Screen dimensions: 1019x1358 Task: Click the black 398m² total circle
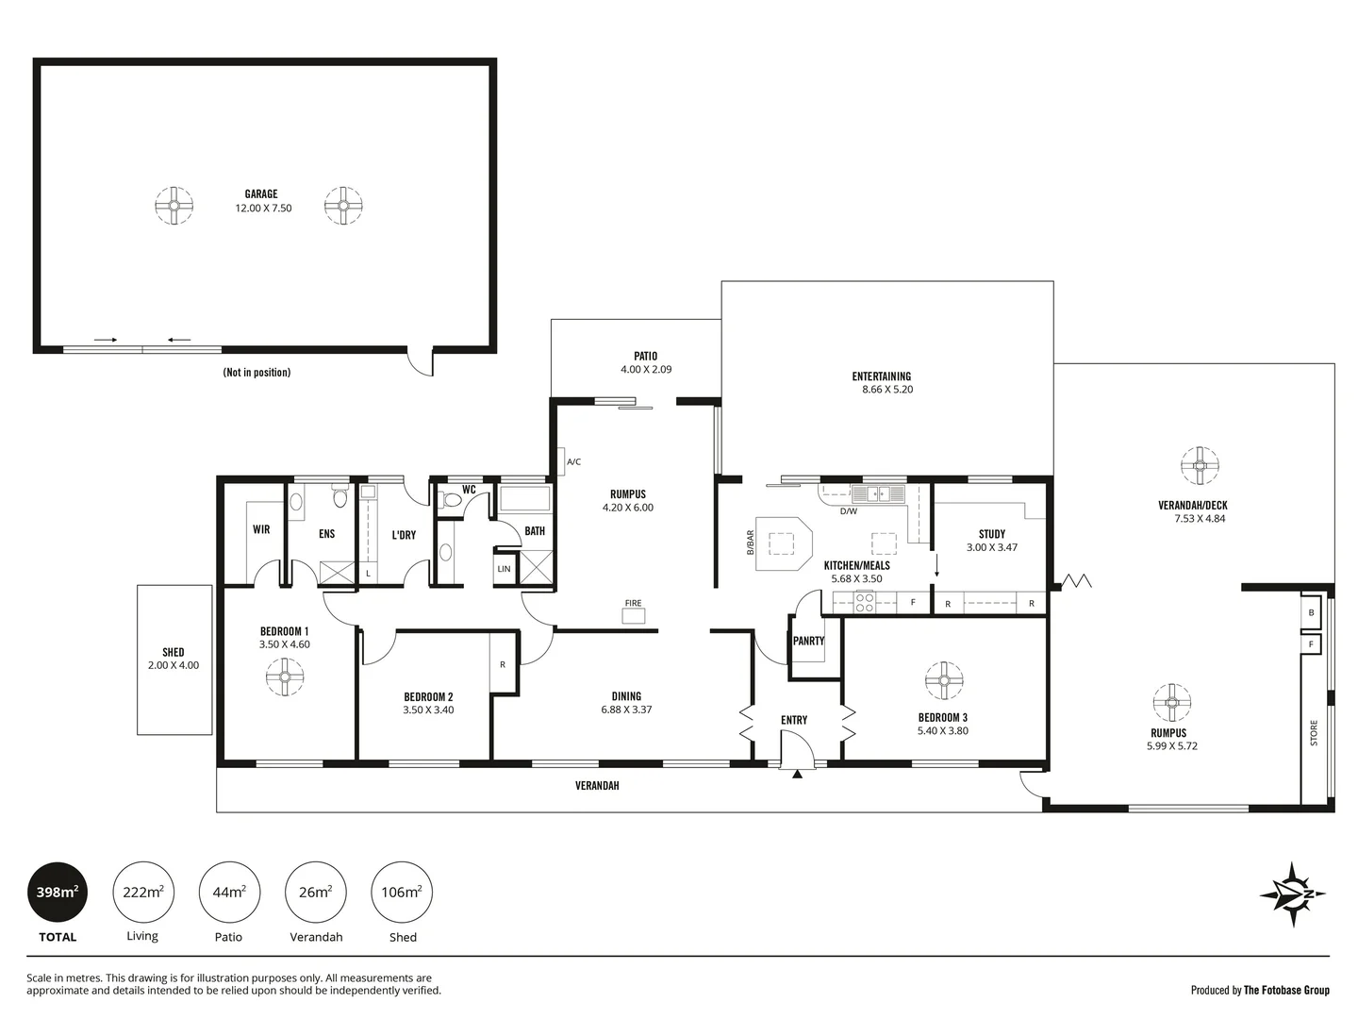[x=58, y=892]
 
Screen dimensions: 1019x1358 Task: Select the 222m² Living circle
[x=143, y=892]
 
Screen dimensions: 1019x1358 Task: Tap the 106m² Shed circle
[x=402, y=892]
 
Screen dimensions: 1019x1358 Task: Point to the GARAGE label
[x=261, y=194]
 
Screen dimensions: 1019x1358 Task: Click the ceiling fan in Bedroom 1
[x=284, y=677]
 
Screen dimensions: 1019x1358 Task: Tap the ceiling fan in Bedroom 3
[x=942, y=680]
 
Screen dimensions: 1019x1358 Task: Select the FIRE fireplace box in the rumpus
[x=634, y=616]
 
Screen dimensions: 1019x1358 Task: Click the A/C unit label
[x=573, y=461]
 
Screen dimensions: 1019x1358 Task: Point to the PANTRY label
[x=808, y=641]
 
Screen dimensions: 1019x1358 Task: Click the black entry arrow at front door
[x=797, y=775]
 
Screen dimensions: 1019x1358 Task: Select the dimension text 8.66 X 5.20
[x=887, y=390]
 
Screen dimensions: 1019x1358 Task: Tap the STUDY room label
[x=992, y=534]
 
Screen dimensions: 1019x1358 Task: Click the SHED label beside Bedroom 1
[x=174, y=652]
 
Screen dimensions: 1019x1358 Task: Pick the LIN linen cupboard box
[x=505, y=569]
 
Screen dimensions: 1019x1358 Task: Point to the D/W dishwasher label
[x=849, y=511]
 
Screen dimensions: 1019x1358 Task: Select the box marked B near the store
[x=1311, y=613]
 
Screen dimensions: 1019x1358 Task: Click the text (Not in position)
[x=257, y=373]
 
